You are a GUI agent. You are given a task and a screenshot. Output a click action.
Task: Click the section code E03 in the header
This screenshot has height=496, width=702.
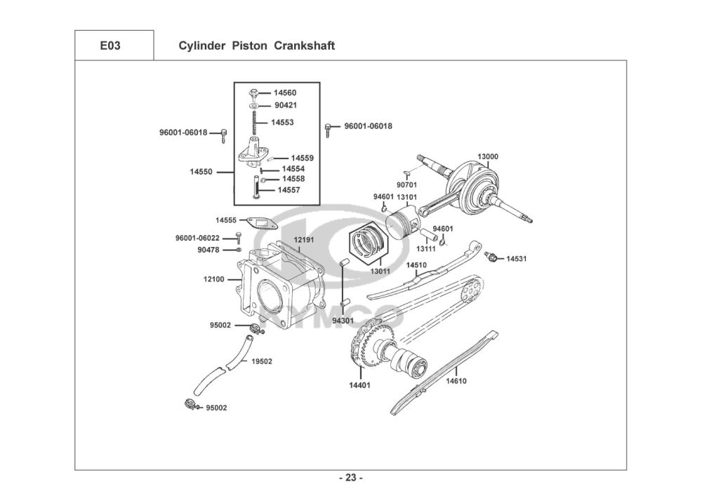pyautogui.click(x=110, y=46)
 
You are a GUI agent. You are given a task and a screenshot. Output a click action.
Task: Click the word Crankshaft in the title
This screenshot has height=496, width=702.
pyautogui.click(x=304, y=46)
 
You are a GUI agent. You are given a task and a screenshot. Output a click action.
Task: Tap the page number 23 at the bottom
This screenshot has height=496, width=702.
pyautogui.click(x=350, y=478)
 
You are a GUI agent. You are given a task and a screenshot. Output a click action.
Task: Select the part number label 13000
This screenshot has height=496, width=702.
pyautogui.click(x=488, y=156)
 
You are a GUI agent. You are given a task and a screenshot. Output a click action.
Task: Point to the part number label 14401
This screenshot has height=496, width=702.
pyautogui.click(x=360, y=384)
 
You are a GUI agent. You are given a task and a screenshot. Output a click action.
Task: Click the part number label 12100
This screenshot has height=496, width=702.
pyautogui.click(x=213, y=279)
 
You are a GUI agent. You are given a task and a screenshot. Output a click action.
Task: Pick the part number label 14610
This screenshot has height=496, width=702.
pyautogui.click(x=456, y=381)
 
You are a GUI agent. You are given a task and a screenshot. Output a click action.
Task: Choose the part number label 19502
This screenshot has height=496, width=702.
pyautogui.click(x=261, y=361)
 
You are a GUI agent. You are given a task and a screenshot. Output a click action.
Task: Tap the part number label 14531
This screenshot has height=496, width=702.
pyautogui.click(x=516, y=258)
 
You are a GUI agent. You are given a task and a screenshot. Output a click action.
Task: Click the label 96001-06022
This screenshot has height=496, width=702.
pyautogui.click(x=197, y=238)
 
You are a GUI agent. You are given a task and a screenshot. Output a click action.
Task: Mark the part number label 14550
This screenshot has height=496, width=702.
pyautogui.click(x=201, y=171)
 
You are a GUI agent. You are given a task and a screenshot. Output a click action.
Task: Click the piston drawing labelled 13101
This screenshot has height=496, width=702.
pyautogui.click(x=404, y=224)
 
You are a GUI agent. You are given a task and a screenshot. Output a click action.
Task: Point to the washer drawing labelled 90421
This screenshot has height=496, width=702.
pyautogui.click(x=254, y=105)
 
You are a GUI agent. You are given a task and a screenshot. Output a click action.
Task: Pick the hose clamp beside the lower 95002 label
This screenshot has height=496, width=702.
pyautogui.click(x=190, y=404)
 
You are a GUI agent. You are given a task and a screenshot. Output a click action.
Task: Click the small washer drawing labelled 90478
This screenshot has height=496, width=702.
pyautogui.click(x=238, y=249)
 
